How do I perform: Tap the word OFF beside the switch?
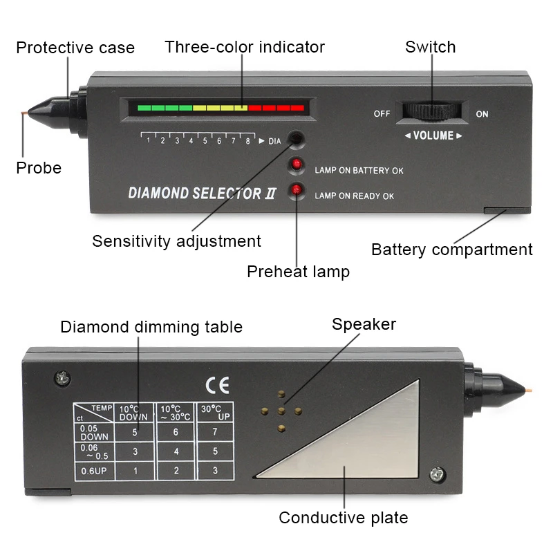point(382,113)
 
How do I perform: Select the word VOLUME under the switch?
point(433,135)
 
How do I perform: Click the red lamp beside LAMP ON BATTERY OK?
point(297,165)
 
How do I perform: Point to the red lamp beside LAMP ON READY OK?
point(297,190)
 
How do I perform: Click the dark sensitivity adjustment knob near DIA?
point(296,138)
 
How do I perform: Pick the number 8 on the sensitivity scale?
point(247,141)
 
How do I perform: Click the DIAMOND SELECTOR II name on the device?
point(202,194)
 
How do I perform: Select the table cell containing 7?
point(215,432)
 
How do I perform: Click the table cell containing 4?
point(176,451)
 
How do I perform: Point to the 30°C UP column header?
point(215,413)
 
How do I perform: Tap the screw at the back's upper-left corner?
point(62,377)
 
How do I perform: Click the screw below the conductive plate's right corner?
point(437,476)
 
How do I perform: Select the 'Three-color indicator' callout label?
point(244,47)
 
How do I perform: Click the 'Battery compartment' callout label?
point(451,250)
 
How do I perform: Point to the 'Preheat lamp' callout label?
point(298,272)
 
